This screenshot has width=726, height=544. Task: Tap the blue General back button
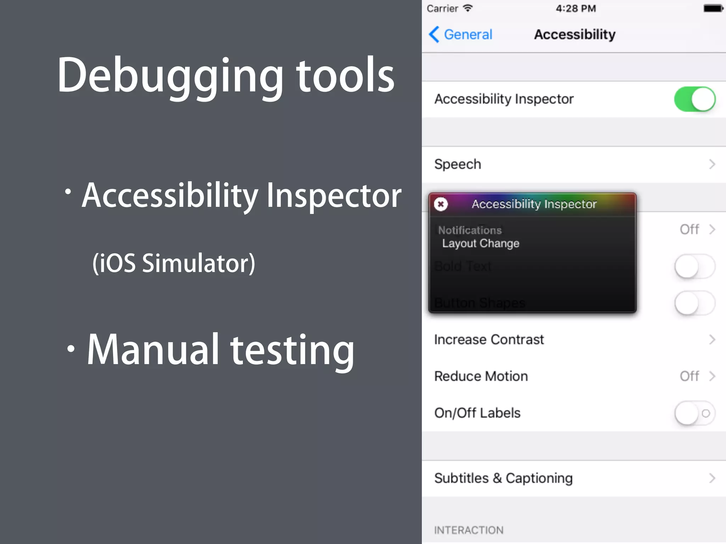coord(461,35)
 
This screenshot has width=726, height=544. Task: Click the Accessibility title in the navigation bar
coord(575,35)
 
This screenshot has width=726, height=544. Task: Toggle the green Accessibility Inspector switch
coord(694,99)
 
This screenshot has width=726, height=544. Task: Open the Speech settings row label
coord(458,164)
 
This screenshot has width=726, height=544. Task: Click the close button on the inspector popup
coord(441,204)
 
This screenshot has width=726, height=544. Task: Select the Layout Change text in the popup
coord(480,243)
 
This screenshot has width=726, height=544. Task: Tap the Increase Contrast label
coord(489,340)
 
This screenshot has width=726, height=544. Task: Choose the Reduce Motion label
coord(481,376)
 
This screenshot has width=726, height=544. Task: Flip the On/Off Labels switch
coord(694,413)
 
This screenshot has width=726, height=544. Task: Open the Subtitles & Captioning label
coord(503,478)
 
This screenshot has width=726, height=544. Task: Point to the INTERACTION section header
coord(469,530)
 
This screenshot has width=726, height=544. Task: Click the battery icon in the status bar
coord(713,8)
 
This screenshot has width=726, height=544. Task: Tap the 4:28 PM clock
coord(576,8)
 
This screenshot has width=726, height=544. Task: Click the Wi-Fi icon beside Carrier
coord(468,8)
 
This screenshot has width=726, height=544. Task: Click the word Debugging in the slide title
coord(170,76)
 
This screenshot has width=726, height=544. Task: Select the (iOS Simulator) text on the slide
coord(174,263)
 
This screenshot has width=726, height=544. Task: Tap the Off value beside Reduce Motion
coord(689,376)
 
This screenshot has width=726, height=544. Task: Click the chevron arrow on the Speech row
coord(712,164)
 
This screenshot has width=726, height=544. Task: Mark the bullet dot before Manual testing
coord(71,349)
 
